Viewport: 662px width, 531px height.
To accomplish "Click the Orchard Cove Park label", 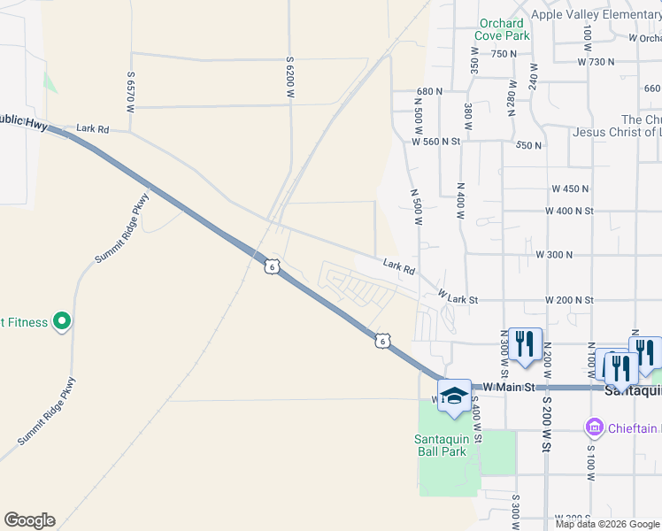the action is pos(503,29).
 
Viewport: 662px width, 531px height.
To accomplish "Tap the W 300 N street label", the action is pos(554,255).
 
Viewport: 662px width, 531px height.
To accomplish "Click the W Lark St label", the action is pos(458,297).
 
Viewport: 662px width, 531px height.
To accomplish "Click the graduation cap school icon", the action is pos(454,395).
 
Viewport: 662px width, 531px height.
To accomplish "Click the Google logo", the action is pos(29,520).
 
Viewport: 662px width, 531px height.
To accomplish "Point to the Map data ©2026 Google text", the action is pos(606,524).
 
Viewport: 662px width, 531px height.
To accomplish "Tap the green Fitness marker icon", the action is pos(61,322).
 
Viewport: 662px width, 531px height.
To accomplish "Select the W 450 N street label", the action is pos(570,189).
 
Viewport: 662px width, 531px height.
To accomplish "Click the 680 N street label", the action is pos(428,91).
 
